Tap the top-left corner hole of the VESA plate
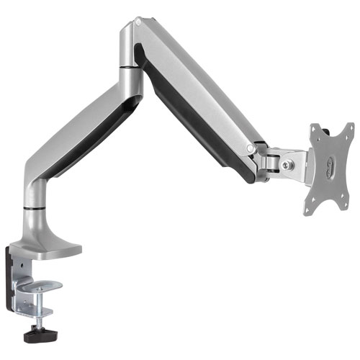pyautogui.click(x=314, y=131)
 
